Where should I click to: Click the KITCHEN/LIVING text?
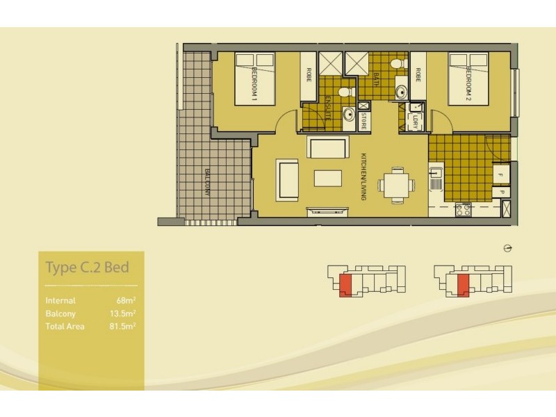[363, 177]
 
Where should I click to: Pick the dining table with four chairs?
[397, 184]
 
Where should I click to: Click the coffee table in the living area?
[328, 178]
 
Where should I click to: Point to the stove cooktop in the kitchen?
[463, 208]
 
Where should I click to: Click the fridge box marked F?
[500, 172]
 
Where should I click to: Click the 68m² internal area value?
[126, 301]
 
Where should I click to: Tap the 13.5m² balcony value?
[123, 313]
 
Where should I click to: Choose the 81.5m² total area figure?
[123, 326]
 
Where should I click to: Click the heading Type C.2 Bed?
[87, 268]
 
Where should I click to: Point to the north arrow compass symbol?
[508, 249]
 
